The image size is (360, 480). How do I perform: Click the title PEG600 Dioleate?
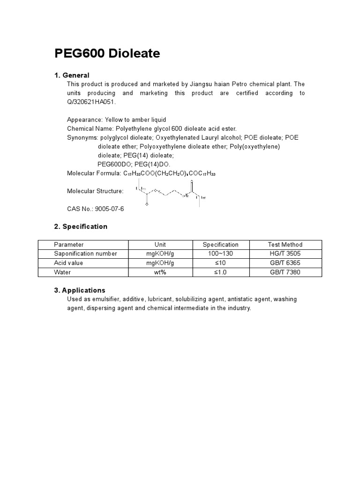(107, 54)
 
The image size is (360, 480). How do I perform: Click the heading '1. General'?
(72, 75)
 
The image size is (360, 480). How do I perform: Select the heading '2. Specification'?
(81, 226)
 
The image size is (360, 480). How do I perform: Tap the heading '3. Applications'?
(80, 290)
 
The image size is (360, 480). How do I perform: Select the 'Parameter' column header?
(69, 245)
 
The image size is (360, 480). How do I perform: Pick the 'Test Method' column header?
(285, 245)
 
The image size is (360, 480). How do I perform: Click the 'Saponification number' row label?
(85, 254)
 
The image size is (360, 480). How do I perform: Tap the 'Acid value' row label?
(68, 263)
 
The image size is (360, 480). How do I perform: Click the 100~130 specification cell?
(220, 254)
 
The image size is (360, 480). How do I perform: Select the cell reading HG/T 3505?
(285, 254)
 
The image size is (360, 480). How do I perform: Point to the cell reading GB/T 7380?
(285, 272)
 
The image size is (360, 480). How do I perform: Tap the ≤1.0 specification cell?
(220, 272)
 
